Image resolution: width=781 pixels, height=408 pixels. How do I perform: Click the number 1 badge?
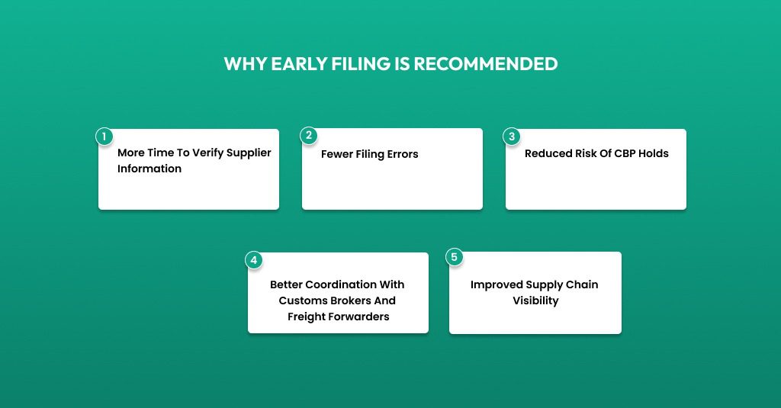tap(104, 137)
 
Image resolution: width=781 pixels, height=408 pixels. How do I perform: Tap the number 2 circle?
tap(309, 136)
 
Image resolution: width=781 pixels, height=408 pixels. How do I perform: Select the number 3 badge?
tap(512, 137)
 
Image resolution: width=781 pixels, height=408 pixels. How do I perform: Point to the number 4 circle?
tap(253, 260)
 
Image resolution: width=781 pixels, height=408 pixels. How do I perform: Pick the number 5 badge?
tap(455, 258)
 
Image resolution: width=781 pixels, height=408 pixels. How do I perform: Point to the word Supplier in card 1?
tap(249, 153)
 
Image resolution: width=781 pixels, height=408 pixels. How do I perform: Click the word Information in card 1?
tap(149, 169)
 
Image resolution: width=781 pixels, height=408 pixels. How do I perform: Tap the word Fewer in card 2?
tap(336, 154)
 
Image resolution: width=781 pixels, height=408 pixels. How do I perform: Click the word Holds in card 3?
tap(654, 153)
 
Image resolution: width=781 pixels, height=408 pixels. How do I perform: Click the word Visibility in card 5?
tap(536, 301)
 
